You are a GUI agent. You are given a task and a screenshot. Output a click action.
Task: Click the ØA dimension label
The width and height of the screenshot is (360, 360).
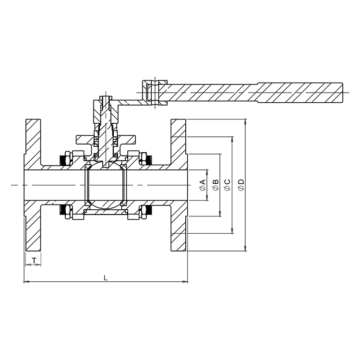click(x=203, y=185)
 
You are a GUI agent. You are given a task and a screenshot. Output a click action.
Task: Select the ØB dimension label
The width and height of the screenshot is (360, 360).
click(x=216, y=185)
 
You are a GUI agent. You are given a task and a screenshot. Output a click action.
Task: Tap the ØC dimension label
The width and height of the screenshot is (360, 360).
click(x=228, y=185)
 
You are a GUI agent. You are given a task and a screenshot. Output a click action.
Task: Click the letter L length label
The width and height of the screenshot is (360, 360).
click(x=106, y=277)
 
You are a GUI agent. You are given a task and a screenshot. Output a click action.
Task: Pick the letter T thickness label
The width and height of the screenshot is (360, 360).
click(x=34, y=260)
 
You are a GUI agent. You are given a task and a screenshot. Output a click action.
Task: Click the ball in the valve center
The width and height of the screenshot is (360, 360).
click(x=106, y=185)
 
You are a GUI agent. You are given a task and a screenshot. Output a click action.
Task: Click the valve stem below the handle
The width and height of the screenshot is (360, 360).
click(x=106, y=130)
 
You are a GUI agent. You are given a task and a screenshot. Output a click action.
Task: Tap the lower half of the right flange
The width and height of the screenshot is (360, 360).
click(x=178, y=230)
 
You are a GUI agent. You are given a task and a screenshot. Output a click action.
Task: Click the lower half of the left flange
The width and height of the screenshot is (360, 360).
click(x=33, y=230)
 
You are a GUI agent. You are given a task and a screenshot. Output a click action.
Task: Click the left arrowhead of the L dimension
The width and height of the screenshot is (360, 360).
click(x=26, y=281)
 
